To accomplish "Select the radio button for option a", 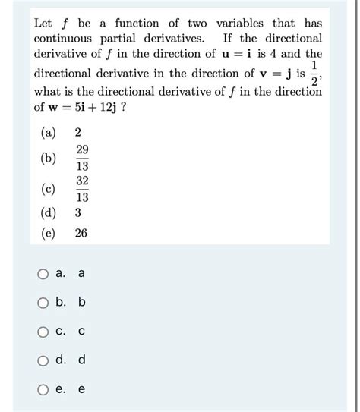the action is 44,274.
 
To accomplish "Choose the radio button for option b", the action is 44,303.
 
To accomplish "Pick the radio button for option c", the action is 44,331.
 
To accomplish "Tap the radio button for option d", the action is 44,360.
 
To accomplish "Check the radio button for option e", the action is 44,388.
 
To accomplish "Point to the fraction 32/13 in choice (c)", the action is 82,189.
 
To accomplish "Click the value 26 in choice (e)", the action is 81,234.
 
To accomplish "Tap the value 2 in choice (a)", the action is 78,134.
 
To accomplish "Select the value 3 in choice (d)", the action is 78,214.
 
